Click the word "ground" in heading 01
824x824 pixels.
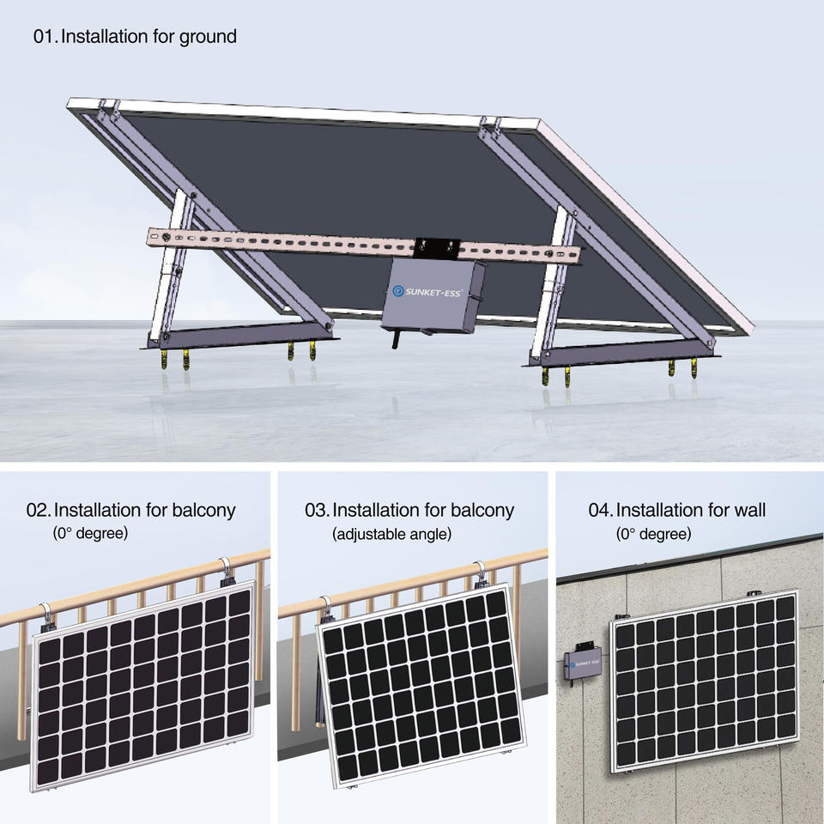point(208,37)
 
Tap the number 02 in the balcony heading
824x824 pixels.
point(38,510)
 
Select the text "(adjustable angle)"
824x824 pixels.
point(391,534)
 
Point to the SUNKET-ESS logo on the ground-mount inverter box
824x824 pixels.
point(427,292)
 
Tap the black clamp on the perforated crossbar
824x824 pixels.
point(438,248)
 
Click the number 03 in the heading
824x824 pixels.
point(316,510)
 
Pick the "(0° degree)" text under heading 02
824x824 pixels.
point(90,534)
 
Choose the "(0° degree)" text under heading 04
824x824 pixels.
point(653,534)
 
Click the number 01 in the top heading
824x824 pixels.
point(45,37)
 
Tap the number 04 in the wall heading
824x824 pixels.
point(600,510)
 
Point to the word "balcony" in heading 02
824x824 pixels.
point(203,510)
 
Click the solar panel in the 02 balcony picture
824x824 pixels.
point(144,691)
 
